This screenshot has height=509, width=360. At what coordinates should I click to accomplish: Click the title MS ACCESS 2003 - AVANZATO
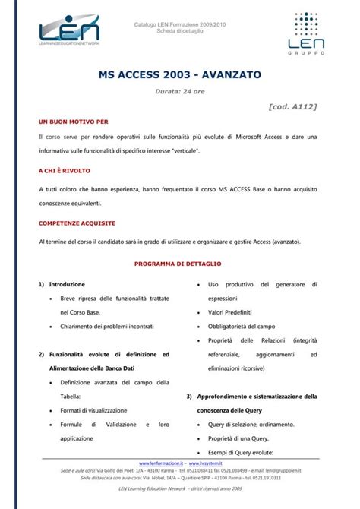[179, 76]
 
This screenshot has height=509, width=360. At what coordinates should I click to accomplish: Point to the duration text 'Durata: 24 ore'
[179, 92]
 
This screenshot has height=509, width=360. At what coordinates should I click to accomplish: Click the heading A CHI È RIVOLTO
[68, 171]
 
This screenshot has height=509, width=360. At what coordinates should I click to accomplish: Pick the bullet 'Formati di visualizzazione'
[94, 410]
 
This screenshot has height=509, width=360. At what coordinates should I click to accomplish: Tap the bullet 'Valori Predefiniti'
[230, 312]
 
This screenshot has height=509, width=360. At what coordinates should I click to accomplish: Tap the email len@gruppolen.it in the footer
[287, 471]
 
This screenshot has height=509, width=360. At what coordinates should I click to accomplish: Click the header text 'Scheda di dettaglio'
[179, 31]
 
